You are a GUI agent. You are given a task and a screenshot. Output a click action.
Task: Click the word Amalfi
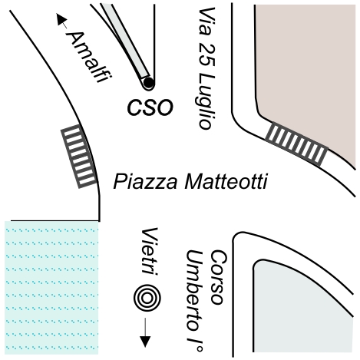[x=89, y=57]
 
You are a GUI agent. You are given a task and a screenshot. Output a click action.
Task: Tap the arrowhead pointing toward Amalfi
[x=61, y=19]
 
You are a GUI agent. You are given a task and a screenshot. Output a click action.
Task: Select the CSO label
[x=150, y=107]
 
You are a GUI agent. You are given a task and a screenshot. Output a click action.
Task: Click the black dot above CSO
[x=148, y=83]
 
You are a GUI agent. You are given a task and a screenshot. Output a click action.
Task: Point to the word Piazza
[x=145, y=181]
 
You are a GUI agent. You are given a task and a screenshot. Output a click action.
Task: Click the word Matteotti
[x=226, y=181]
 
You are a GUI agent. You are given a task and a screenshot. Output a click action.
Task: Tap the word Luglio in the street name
[x=206, y=101]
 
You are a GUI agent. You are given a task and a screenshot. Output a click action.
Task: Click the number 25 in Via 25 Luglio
[x=206, y=55]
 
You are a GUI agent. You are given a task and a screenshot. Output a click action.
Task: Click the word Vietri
[x=150, y=252]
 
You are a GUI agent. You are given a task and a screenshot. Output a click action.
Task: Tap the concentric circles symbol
[x=147, y=298]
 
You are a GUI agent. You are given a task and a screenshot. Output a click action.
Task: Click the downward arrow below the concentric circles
[x=145, y=332]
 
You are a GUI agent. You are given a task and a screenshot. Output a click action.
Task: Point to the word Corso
[x=219, y=278]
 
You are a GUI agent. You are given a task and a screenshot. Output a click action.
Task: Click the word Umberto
[x=195, y=291]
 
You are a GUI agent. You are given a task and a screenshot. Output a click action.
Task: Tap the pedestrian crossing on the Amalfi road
[x=80, y=157]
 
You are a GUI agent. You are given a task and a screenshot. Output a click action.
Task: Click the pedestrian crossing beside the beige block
[x=297, y=144]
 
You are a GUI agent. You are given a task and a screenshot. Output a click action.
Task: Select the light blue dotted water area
[x=51, y=288]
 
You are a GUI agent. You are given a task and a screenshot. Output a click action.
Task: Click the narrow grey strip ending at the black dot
[x=126, y=41]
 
